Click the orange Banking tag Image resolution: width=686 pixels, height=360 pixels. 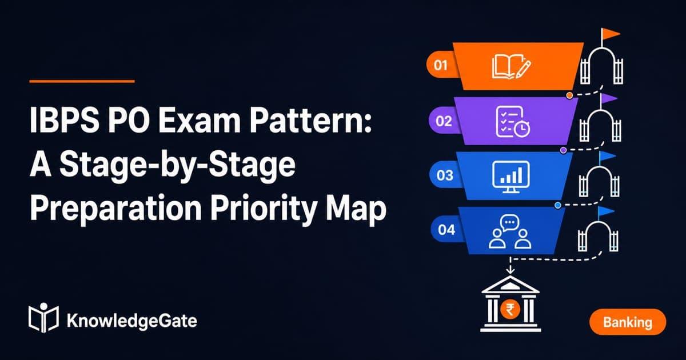[x=628, y=322]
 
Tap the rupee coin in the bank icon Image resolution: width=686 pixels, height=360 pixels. [x=510, y=309]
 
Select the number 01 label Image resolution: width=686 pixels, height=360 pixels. [x=441, y=65]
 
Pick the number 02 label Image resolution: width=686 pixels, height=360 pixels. [x=444, y=121]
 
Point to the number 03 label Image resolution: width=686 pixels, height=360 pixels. [x=445, y=175]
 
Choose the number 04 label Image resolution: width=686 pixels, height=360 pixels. [x=446, y=230]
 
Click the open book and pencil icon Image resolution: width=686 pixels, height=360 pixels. [x=512, y=66]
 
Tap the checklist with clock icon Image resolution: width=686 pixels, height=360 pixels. [x=513, y=122]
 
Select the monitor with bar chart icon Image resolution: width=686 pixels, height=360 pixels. [x=510, y=177]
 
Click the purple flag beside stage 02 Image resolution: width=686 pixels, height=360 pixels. [x=609, y=98]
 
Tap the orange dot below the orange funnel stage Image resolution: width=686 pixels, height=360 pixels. [x=569, y=95]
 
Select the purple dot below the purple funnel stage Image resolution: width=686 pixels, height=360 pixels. [x=563, y=150]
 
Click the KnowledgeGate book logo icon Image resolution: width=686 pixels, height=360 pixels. [x=43, y=318]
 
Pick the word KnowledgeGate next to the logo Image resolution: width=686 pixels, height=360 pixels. [x=131, y=321]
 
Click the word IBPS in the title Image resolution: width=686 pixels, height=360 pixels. [x=64, y=120]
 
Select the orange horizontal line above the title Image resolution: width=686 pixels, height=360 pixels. [x=82, y=81]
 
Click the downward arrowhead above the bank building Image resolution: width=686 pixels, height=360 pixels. [x=510, y=271]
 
